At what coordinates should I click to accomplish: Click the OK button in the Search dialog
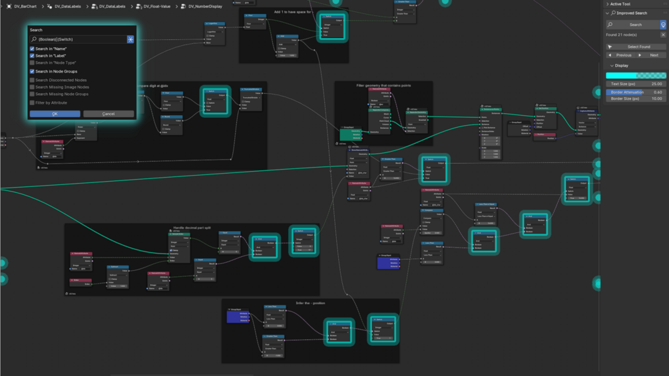[x=55, y=114]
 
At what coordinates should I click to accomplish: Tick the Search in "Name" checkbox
[x=32, y=49]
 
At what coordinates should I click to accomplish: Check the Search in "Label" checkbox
[x=32, y=56]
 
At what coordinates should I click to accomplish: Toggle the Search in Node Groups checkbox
[x=32, y=71]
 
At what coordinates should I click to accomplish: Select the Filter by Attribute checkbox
[x=32, y=102]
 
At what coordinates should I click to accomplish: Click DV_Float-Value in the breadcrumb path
[x=156, y=7]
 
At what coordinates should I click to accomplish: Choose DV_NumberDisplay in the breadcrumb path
[x=205, y=7]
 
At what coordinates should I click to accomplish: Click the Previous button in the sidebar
[x=621, y=55]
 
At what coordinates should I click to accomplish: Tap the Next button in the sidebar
[x=652, y=55]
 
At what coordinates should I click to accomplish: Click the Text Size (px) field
[x=636, y=84]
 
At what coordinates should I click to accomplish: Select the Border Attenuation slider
[x=636, y=92]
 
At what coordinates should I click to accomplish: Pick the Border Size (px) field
[x=636, y=98]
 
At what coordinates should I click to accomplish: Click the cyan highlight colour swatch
[x=636, y=76]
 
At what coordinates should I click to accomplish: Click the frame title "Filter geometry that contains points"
[x=383, y=85]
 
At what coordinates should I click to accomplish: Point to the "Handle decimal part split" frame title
[x=192, y=228]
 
